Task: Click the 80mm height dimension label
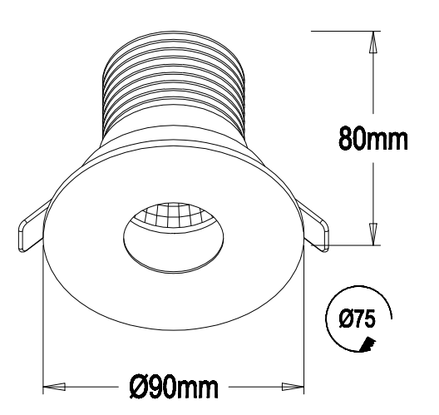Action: point(372,138)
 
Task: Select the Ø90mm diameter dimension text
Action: point(173,387)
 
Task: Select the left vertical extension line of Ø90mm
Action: point(42,333)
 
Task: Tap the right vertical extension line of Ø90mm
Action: point(305,333)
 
